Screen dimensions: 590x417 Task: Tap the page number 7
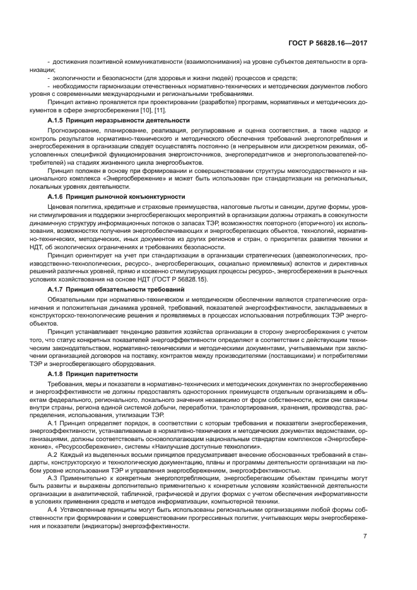tap(365, 536)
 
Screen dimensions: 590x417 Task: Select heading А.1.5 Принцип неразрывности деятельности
tap(118, 120)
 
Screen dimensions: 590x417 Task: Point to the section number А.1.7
tap(56, 289)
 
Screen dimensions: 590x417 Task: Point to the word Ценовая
tap(61, 207)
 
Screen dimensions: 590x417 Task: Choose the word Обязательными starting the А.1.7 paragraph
tap(73, 298)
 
